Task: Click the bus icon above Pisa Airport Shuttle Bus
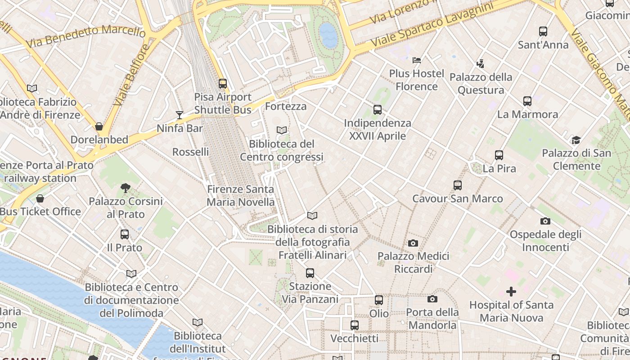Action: point(223,83)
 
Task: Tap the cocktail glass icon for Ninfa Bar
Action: point(180,115)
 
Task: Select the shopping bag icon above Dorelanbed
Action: point(99,126)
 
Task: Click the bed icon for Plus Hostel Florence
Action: point(417,60)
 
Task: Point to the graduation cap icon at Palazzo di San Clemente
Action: point(576,139)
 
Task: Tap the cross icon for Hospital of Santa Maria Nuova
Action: point(511,292)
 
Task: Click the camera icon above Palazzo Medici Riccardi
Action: point(413,243)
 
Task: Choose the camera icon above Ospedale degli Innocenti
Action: point(545,221)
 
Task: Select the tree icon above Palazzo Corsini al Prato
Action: point(126,188)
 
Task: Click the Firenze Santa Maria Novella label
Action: point(240,196)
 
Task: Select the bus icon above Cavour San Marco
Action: point(458,185)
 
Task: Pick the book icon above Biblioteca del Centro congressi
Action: point(282,130)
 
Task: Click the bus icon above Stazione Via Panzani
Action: point(310,273)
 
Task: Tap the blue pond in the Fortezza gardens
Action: point(328,35)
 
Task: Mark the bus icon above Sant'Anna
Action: point(543,31)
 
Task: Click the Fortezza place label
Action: point(286,107)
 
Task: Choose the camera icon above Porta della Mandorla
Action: point(432,299)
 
